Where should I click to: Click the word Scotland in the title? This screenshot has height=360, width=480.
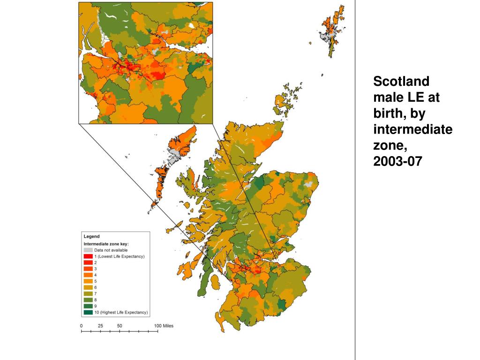click(401, 82)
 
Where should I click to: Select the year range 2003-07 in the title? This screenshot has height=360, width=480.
click(398, 161)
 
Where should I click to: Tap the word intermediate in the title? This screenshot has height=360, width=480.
click(412, 129)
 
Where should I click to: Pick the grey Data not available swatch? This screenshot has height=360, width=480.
click(88, 250)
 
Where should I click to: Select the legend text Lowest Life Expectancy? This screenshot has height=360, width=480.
click(121, 256)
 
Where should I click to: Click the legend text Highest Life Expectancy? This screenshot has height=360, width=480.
click(123, 312)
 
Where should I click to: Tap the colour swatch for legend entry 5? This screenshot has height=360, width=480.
click(88, 281)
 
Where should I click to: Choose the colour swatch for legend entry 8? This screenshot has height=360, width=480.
click(88, 300)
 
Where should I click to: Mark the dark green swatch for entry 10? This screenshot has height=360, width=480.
click(88, 312)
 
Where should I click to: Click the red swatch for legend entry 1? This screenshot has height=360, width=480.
click(88, 256)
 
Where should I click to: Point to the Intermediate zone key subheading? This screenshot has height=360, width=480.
click(106, 244)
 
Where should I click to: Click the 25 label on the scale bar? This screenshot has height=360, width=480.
click(100, 325)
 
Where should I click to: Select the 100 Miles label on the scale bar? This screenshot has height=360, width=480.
click(164, 325)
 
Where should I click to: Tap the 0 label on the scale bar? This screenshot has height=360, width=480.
click(82, 325)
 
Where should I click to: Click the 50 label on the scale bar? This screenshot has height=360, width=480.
click(120, 325)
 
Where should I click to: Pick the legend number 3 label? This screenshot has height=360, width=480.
click(96, 269)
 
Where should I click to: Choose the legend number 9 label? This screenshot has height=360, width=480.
click(96, 306)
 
